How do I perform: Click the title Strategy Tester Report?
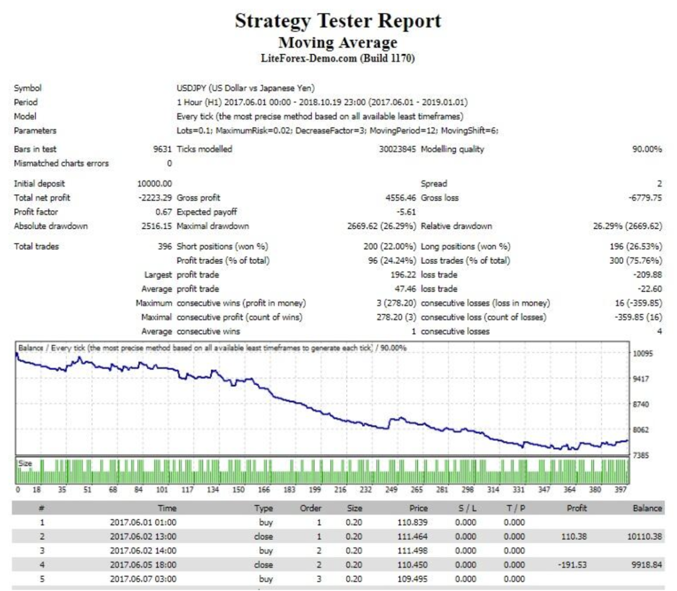338,21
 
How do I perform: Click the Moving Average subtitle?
338,43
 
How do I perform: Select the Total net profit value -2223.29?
155,198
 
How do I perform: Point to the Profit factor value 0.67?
163,212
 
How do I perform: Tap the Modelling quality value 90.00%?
647,149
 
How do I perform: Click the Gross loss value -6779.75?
645,198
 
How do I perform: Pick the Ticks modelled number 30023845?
397,149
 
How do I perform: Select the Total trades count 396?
165,246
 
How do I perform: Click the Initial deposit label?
39,184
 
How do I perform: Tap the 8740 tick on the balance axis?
640,404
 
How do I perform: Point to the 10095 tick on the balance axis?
643,354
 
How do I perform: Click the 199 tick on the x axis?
315,489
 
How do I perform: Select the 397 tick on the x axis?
621,489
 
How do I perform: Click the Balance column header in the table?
647,508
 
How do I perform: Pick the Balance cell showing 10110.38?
644,536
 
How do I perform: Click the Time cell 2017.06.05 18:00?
143,565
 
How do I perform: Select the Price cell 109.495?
412,579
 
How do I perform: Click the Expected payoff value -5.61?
406,212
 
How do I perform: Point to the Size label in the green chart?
25,463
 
